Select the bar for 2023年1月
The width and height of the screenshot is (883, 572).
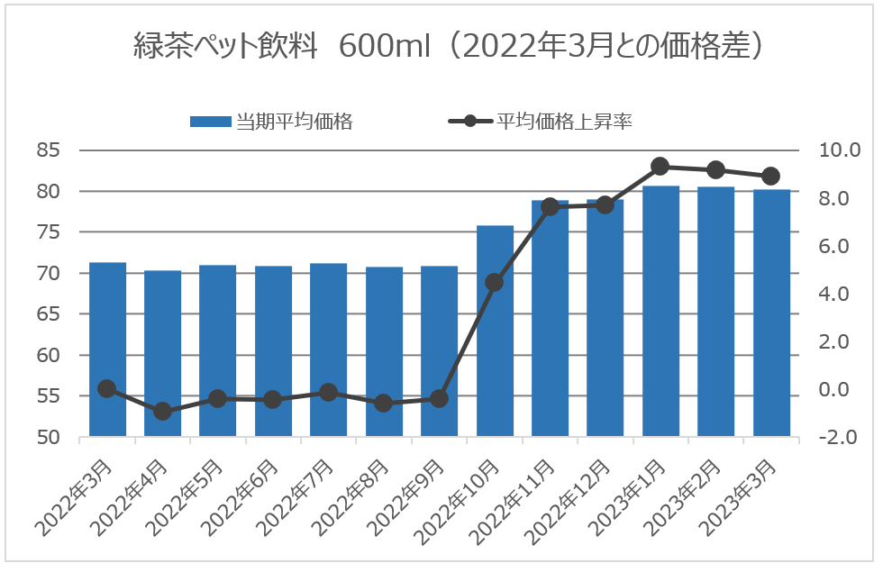[660, 315]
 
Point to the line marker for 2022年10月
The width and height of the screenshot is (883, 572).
[495, 283]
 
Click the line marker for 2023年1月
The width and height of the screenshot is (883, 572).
[660, 166]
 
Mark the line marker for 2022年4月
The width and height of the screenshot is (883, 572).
[163, 412]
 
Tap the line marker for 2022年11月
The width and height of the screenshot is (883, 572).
[550, 207]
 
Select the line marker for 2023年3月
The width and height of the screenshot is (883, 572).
[771, 177]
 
